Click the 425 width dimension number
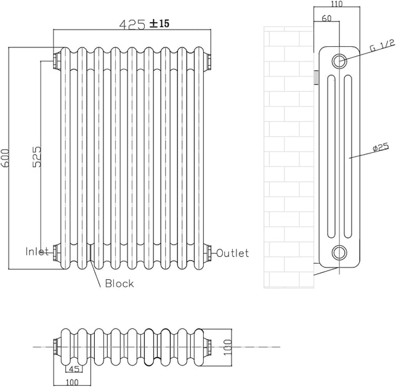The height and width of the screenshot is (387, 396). (x=132, y=24)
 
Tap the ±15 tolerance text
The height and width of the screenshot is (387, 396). (x=160, y=23)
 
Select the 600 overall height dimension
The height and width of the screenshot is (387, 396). (x=5, y=158)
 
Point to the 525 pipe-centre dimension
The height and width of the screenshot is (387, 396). (x=37, y=156)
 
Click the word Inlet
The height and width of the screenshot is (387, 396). (x=37, y=251)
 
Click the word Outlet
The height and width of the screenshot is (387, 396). (x=233, y=253)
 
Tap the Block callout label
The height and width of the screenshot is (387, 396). (x=119, y=283)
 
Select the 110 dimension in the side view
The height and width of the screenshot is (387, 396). (x=336, y=4)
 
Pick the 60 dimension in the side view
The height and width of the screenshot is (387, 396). (x=326, y=18)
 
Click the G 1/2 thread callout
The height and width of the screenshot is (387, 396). (x=382, y=45)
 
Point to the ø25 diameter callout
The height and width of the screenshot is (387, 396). (x=381, y=147)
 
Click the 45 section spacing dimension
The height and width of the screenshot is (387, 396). (x=74, y=369)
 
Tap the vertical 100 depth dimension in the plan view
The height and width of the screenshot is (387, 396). (x=228, y=347)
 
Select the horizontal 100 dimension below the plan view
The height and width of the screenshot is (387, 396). (x=72, y=383)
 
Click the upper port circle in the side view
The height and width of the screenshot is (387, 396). (x=339, y=61)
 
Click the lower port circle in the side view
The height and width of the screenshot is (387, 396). (x=339, y=253)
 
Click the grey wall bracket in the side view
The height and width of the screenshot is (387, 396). (x=316, y=78)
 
